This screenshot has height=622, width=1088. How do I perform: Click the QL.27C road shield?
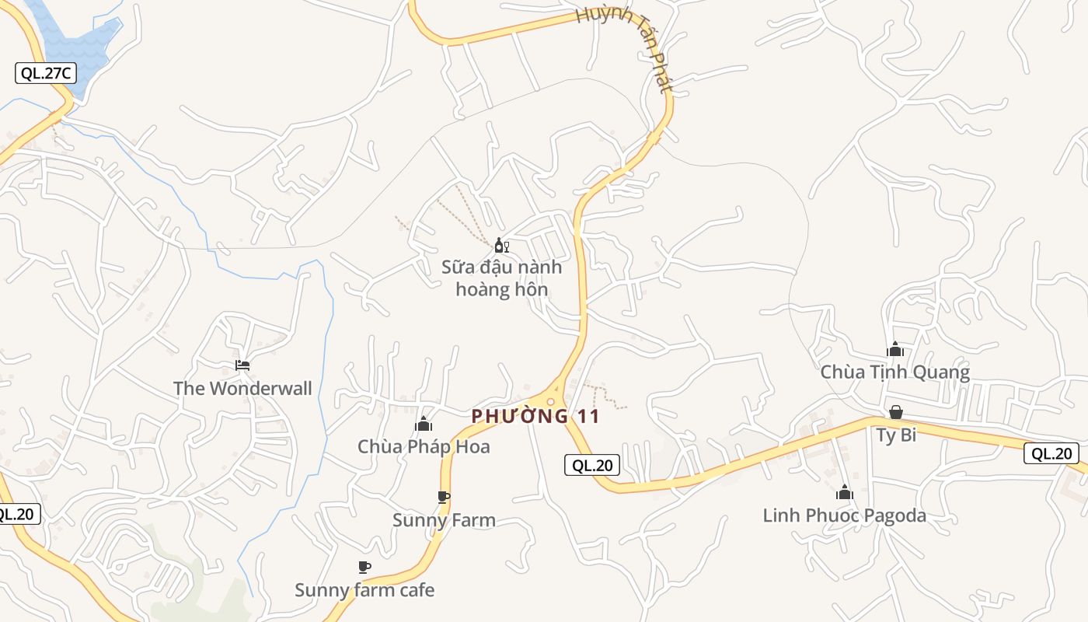(x=46, y=73)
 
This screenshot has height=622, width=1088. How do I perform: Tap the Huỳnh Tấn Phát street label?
(x=625, y=48)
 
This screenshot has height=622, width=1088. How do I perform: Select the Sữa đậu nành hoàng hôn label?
(x=501, y=278)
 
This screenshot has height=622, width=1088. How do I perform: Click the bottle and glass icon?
(x=501, y=246)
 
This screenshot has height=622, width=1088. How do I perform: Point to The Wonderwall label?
(x=242, y=388)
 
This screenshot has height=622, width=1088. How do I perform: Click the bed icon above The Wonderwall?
(x=242, y=365)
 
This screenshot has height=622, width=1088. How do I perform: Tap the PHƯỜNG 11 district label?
(x=535, y=416)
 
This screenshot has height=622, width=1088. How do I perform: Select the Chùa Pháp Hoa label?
(x=424, y=446)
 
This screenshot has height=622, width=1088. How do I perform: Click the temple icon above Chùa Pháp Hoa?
(x=424, y=424)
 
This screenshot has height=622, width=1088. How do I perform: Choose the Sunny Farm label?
(x=444, y=520)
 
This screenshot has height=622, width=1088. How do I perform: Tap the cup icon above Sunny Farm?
(x=444, y=497)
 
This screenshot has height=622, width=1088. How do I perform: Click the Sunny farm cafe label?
(x=364, y=590)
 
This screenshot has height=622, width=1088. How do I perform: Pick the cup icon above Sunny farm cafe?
(x=364, y=567)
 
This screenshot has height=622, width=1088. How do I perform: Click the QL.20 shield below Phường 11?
(x=592, y=465)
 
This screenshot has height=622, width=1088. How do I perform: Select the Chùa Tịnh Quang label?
(x=895, y=372)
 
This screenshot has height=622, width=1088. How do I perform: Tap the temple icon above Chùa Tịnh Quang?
(x=895, y=349)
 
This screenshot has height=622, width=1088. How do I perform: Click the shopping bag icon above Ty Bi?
(x=896, y=411)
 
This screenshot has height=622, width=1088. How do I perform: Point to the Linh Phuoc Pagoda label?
(x=845, y=515)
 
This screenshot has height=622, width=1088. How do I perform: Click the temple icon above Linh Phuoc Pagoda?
(x=845, y=492)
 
